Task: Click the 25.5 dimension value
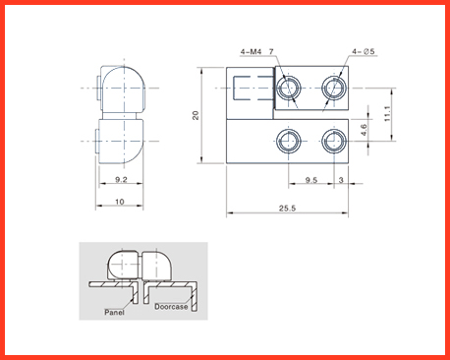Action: click(287, 209)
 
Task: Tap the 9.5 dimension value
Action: click(311, 180)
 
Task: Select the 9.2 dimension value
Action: click(121, 179)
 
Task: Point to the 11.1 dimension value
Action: click(387, 114)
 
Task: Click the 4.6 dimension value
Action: click(364, 130)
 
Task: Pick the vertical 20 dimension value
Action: click(196, 115)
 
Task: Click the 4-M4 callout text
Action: click(252, 52)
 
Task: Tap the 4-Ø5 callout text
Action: click(364, 51)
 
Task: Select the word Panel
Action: click(114, 312)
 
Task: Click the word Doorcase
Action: click(171, 307)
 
